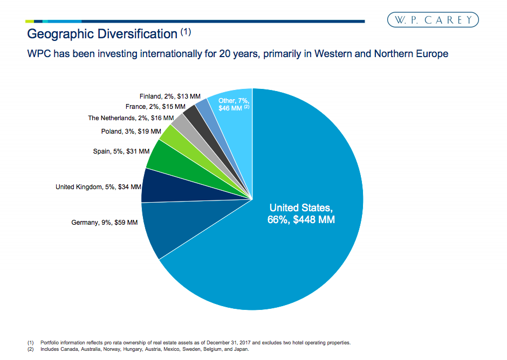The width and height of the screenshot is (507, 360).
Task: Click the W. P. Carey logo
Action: pos(433,20)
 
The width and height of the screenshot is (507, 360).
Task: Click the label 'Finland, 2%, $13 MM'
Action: pos(169,96)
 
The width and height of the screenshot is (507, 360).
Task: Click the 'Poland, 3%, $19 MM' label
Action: pos(131,131)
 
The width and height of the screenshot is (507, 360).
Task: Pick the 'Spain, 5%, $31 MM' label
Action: pos(121,151)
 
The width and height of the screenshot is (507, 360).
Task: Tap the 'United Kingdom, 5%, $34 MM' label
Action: pos(98,187)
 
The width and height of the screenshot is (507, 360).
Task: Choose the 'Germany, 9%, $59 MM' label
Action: pos(104,222)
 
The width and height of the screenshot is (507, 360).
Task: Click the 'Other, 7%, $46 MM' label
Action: pos(233,105)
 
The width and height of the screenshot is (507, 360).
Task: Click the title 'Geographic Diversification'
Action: pos(102,34)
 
